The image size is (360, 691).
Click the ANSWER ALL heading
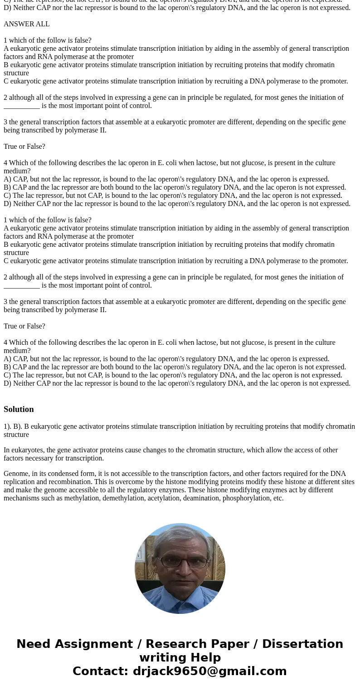pyautogui.click(x=26, y=24)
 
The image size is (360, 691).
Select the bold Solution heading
pyautogui.click(x=19, y=409)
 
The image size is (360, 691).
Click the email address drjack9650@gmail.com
pyautogui.click(x=209, y=671)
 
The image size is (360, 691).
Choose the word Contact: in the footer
pyautogui.click(x=100, y=671)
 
